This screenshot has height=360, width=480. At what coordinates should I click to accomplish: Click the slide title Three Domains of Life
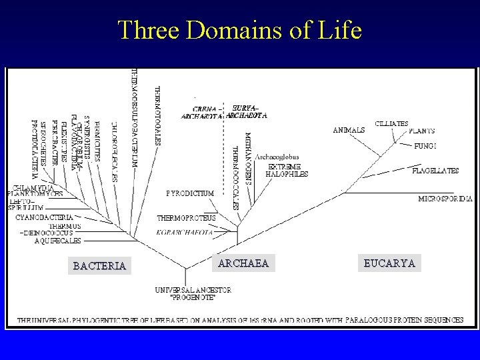click(x=239, y=30)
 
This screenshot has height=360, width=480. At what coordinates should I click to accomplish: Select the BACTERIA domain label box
click(x=99, y=266)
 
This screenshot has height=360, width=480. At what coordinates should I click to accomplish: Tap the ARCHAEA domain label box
click(x=243, y=263)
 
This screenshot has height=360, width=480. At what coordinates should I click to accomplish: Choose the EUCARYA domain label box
click(x=389, y=263)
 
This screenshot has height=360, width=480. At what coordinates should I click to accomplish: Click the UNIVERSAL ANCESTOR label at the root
click(x=193, y=294)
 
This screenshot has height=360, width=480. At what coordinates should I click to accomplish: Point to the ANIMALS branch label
click(x=349, y=130)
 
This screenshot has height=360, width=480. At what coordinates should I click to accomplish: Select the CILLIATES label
click(x=392, y=123)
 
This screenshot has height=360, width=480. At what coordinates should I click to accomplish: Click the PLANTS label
click(x=422, y=131)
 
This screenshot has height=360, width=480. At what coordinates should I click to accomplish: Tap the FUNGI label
click(x=425, y=145)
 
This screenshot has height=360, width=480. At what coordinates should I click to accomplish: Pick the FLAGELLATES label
click(x=435, y=171)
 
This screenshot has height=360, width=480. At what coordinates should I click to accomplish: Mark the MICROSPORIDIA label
click(x=445, y=199)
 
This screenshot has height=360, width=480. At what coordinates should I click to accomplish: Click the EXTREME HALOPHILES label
click(x=288, y=170)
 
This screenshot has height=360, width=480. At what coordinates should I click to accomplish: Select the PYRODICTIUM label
click(x=190, y=193)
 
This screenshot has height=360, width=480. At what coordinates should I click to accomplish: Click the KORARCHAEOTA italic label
click(x=185, y=232)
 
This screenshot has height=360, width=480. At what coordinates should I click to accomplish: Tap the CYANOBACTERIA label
click(x=45, y=217)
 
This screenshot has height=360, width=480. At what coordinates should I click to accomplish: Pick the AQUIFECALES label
click(x=57, y=241)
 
